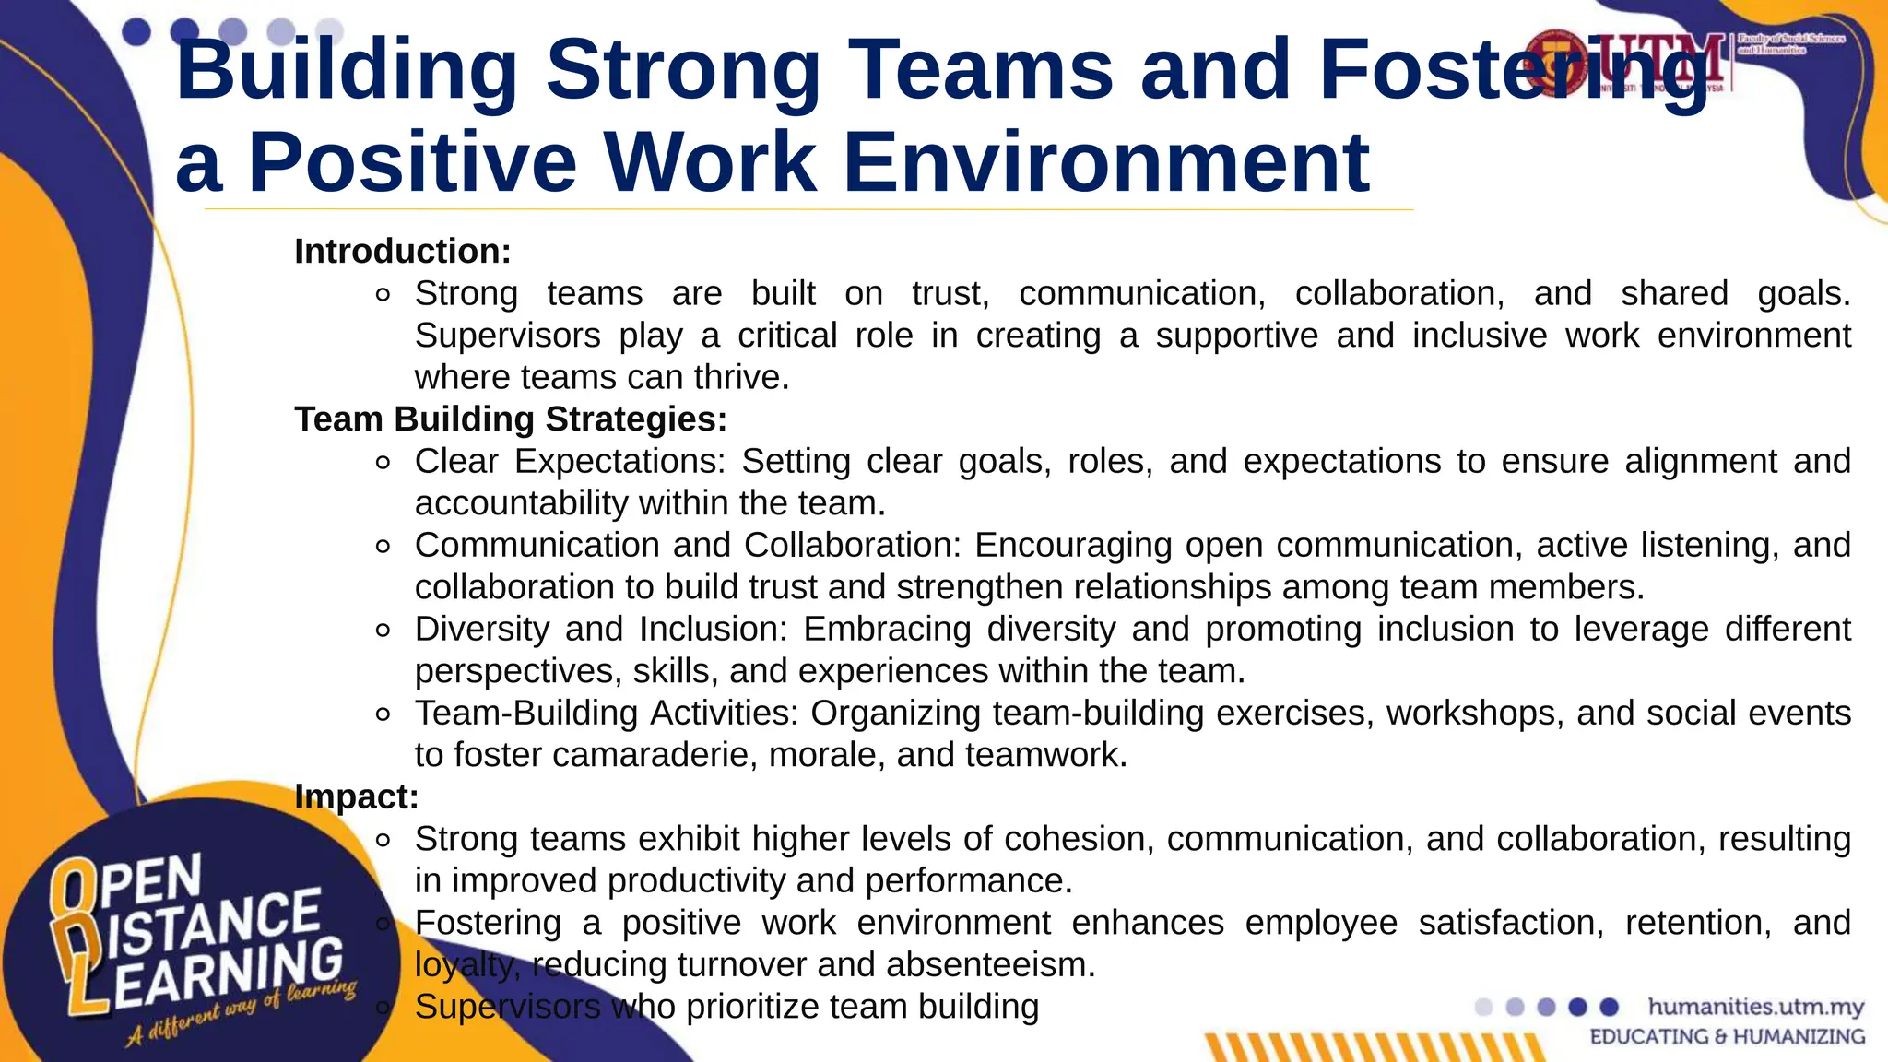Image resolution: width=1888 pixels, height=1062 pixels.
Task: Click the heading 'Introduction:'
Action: tap(402, 252)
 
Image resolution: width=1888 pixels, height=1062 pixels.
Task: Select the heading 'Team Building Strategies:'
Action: tap(511, 419)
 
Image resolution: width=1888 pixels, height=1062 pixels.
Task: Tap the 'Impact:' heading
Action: tap(356, 796)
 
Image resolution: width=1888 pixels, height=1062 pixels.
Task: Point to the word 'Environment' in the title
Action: tap(1105, 163)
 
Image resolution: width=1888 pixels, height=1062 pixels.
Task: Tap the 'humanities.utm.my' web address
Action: tap(1755, 1007)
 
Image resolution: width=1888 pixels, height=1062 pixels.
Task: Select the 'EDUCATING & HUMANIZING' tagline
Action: tap(1727, 1037)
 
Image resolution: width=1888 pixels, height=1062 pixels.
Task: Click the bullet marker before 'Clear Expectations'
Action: tap(383, 463)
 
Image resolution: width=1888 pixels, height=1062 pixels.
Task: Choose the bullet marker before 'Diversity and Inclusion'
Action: tap(383, 631)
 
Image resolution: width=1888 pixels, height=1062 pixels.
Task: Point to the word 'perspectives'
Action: tap(515, 671)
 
